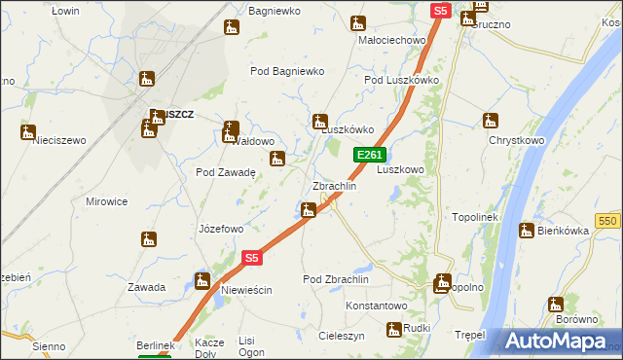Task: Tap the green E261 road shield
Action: [370, 155]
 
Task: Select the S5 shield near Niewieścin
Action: [252, 258]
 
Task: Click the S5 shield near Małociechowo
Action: [440, 11]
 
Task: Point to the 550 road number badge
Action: [609, 222]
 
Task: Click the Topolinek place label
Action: [475, 217]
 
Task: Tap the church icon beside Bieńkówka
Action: [527, 231]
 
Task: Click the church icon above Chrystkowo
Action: [491, 122]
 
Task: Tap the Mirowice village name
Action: [107, 201]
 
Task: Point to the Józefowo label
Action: [221, 230]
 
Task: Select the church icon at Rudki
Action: [394, 330]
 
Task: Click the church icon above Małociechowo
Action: [358, 22]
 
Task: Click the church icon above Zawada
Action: [148, 239]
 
